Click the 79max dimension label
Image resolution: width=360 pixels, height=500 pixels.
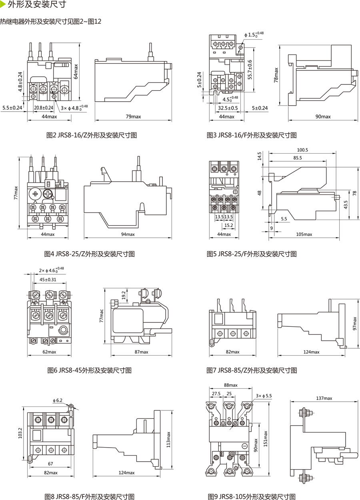133,116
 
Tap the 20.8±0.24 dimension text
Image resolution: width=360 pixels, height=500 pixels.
44,108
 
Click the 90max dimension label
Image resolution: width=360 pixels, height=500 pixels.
323,116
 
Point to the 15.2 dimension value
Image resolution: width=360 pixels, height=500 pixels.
229,226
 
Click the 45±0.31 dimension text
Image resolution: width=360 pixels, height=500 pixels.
48,280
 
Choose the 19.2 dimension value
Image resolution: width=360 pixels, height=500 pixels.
124,295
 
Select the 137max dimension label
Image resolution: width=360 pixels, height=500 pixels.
324,398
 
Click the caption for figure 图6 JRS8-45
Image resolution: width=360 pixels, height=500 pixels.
89,370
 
